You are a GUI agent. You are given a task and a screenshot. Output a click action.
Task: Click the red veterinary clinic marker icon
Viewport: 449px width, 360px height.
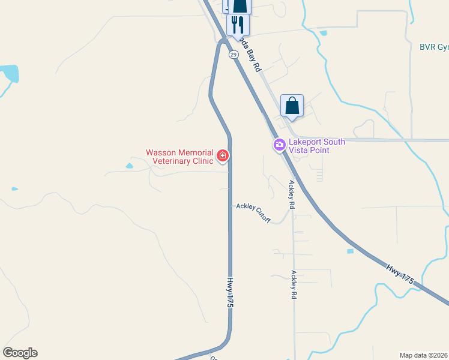(223, 156)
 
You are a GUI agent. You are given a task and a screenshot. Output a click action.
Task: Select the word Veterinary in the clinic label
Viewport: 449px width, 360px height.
(172, 161)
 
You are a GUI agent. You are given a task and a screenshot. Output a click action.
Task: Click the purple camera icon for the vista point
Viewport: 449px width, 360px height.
(279, 145)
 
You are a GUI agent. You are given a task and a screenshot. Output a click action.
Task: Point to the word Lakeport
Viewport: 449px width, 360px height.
(306, 142)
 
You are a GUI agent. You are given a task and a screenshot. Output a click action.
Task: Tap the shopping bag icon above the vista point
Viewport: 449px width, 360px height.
(292, 106)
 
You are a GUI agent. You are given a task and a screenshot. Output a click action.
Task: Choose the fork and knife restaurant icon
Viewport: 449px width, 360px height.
(238, 25)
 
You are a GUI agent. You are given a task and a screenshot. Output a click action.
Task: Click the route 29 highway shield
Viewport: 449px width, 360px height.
(233, 54)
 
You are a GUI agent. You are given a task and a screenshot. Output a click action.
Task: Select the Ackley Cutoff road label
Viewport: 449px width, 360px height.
(253, 210)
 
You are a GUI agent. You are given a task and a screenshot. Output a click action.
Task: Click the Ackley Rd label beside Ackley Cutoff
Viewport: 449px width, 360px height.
(292, 194)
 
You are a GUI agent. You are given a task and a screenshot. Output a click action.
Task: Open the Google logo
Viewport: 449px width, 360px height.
(20, 353)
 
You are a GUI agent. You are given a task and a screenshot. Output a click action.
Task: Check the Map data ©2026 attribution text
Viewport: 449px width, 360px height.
(424, 355)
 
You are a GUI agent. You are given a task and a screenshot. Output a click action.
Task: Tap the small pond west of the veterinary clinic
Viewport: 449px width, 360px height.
(129, 166)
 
